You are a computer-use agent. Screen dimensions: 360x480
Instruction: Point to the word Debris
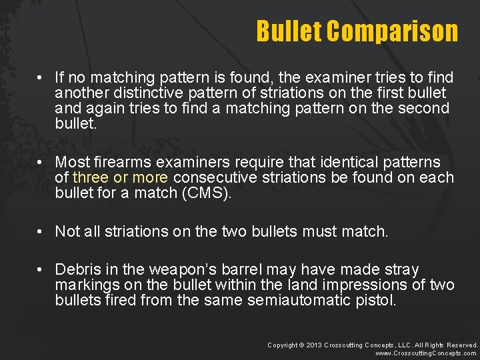point(77,269)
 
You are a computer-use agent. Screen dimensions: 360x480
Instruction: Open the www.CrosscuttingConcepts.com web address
point(427,353)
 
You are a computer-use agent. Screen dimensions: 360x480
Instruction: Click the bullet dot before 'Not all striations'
point(41,231)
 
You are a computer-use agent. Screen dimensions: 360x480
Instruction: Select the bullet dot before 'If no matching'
point(41,77)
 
